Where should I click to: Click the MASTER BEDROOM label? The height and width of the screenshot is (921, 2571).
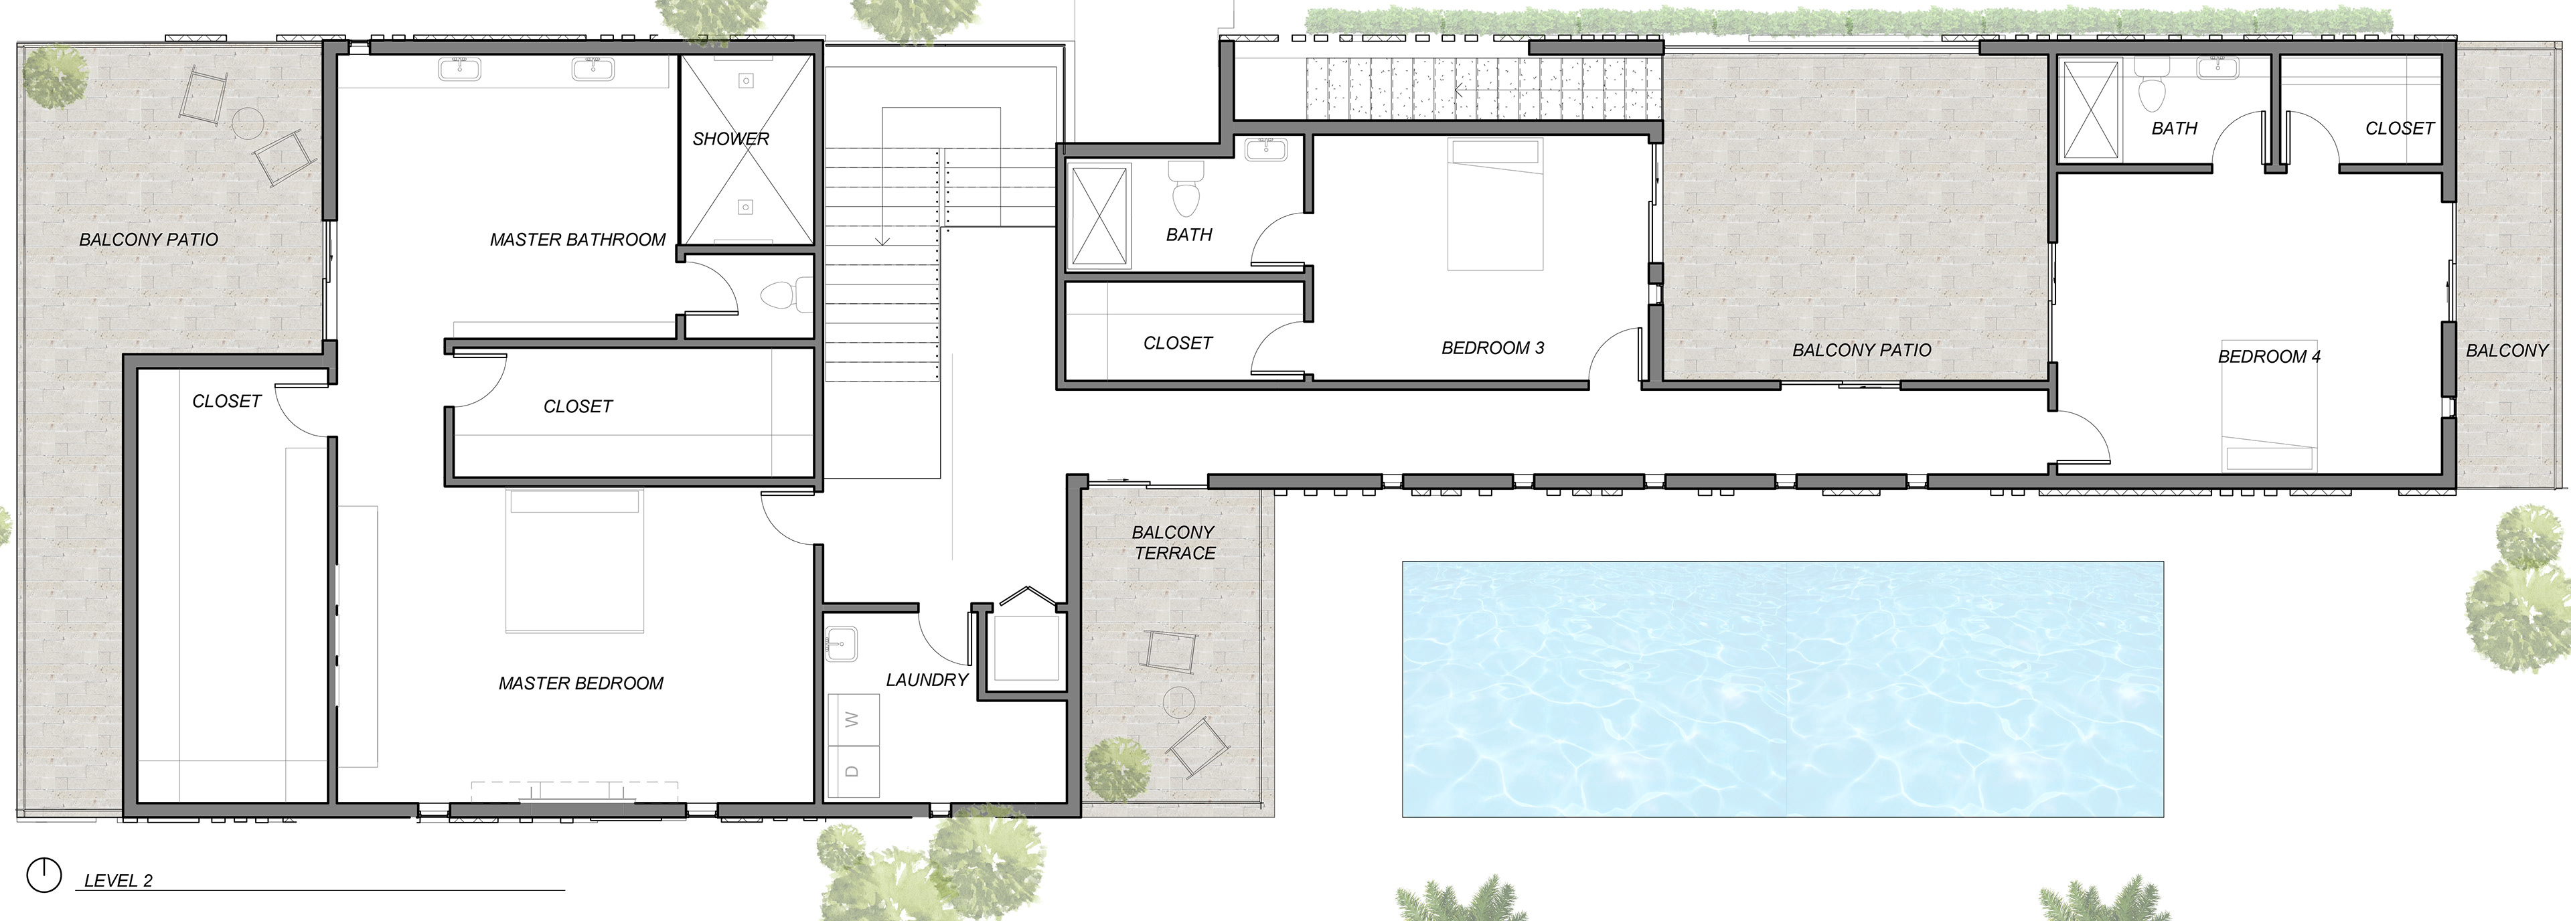tap(581, 683)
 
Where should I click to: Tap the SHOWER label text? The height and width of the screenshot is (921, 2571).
tap(730, 139)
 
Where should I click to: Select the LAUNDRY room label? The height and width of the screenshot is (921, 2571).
tap(927, 679)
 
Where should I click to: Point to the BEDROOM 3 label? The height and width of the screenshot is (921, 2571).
tap(1492, 348)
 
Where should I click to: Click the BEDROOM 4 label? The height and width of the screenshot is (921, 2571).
tap(2268, 356)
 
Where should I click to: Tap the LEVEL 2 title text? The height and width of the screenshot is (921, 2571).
tap(118, 880)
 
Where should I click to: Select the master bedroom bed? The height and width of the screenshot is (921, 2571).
tap(574, 561)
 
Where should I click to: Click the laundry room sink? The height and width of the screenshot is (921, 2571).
tap(842, 644)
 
